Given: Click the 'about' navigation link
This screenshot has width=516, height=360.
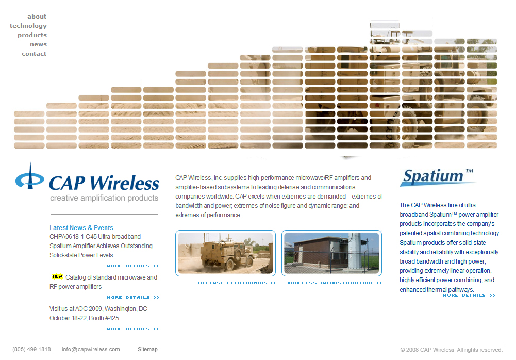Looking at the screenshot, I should pyautogui.click(x=37, y=17).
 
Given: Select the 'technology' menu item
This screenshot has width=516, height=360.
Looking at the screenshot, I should pyautogui.click(x=28, y=26).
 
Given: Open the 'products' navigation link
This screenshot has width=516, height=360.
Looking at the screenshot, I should pyautogui.click(x=32, y=35).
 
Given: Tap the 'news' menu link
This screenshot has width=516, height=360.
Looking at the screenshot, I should pyautogui.click(x=38, y=44).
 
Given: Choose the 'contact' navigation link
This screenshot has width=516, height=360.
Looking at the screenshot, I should pyautogui.click(x=34, y=54).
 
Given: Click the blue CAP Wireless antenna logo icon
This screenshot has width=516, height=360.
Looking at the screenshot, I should pyautogui.click(x=30, y=178).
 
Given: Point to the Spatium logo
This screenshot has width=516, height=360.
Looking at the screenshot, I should pyautogui.click(x=438, y=176).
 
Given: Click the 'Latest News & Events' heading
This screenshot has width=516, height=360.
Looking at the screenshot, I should pyautogui.click(x=81, y=228).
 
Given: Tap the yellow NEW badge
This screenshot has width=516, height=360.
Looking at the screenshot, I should pyautogui.click(x=57, y=276).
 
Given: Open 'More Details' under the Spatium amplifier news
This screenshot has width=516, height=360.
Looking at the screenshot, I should pyautogui.click(x=132, y=266).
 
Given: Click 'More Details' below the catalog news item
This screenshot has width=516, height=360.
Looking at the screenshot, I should pyautogui.click(x=132, y=298).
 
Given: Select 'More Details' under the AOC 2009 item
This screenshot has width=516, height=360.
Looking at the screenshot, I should pyautogui.click(x=132, y=329).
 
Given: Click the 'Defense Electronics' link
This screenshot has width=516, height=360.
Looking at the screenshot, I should pyautogui.click(x=237, y=283).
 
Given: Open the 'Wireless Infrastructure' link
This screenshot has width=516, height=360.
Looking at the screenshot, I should pyautogui.click(x=335, y=283).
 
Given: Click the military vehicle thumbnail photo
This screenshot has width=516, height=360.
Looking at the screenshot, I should pyautogui.click(x=225, y=253).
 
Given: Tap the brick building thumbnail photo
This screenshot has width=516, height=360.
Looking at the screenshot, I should pyautogui.click(x=331, y=253).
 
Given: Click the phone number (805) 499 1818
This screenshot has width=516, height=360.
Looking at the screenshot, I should pyautogui.click(x=31, y=349).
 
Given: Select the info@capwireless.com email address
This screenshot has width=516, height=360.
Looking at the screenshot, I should pyautogui.click(x=91, y=349).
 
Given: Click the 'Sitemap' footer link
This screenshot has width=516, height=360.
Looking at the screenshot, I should pyautogui.click(x=147, y=349).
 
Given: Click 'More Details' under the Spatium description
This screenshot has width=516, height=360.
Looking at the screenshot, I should pyautogui.click(x=468, y=296).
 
